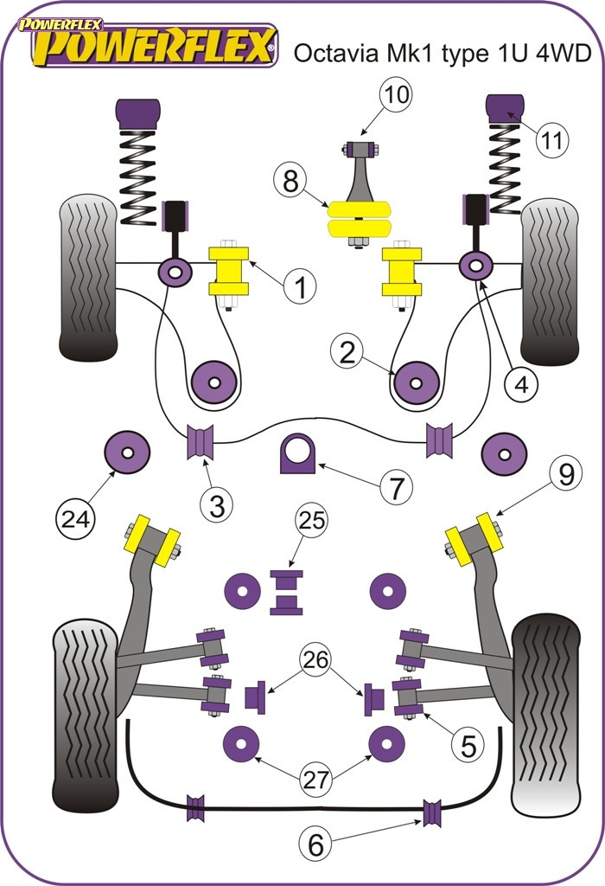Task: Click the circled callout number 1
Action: [x=300, y=286]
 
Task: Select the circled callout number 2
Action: [x=347, y=351]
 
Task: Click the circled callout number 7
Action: [x=395, y=489]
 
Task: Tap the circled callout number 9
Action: [x=565, y=473]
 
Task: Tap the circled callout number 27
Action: [x=316, y=779]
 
